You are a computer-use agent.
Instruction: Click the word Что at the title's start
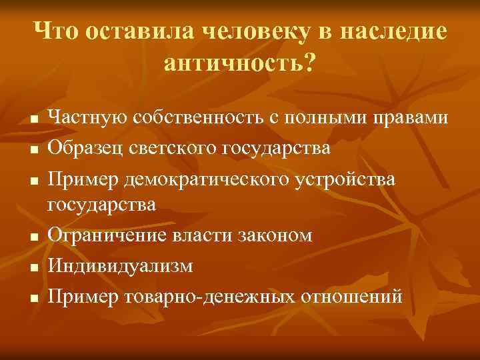[59, 31]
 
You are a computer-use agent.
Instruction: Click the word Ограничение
[104, 236]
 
